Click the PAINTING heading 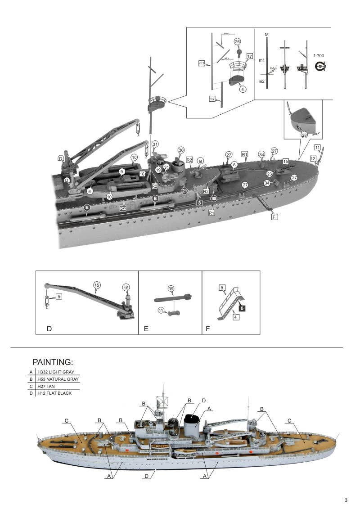coord(53,362)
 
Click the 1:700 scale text coord(318,55)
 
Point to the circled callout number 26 coord(237,41)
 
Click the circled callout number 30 coord(181,150)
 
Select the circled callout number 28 coord(304,135)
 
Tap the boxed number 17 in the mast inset coord(249,56)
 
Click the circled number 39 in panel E coord(171,288)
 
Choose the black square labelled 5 coord(242,309)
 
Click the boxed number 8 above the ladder coord(222,287)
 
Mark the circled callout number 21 coord(184,191)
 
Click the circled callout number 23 coord(269,173)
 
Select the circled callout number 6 coord(90,191)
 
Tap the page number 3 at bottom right coord(346,500)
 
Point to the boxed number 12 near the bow coord(313,158)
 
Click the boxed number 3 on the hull coord(198,203)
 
